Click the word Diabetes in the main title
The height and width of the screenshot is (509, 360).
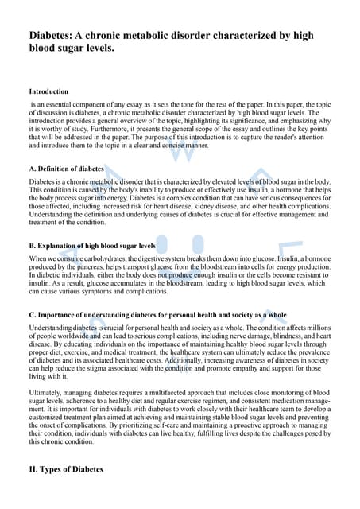(x=54, y=36)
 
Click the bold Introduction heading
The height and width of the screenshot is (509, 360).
(x=48, y=92)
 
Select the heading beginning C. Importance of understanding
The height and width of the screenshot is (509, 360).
(x=157, y=315)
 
